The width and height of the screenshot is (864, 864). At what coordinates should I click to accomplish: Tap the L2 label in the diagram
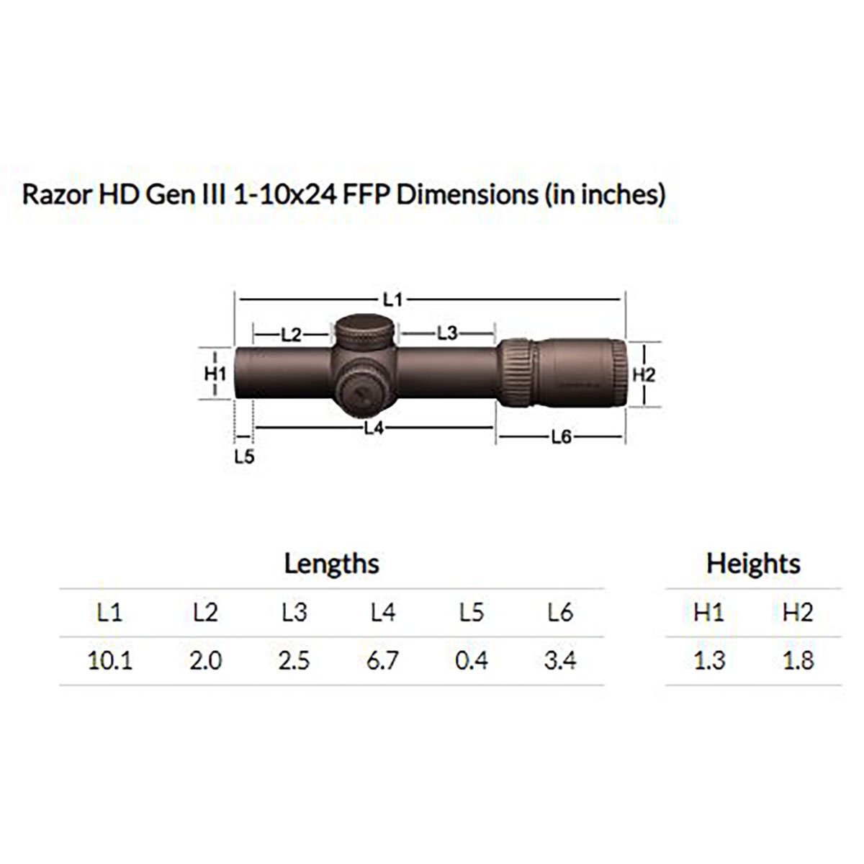pos(291,335)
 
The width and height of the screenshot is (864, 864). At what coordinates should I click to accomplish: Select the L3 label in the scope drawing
pos(447,333)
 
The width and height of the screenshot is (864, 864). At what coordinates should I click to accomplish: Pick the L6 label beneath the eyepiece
pos(560,436)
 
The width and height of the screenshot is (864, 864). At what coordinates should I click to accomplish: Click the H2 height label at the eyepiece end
pos(643,375)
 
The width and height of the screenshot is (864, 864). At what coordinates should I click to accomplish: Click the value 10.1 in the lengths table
pos(109,660)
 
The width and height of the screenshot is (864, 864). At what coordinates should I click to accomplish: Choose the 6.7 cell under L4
pos(382,660)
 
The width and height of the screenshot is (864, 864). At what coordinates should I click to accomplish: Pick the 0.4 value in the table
pos(472,660)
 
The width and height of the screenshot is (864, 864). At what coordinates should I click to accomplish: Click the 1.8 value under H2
pos(798,660)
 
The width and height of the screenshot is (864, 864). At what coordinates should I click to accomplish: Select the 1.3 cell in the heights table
pos(709,660)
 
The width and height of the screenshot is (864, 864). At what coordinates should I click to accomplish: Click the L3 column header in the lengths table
pos(294,613)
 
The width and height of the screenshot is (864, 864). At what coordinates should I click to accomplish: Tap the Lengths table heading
pos(331,563)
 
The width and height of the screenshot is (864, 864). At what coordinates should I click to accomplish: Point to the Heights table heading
pos(752,563)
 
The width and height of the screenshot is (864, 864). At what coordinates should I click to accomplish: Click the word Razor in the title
pos(53,195)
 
